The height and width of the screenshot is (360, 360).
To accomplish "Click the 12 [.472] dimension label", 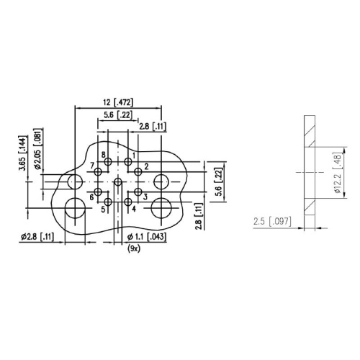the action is (118, 102).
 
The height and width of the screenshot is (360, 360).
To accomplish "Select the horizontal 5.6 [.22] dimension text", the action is (118, 115).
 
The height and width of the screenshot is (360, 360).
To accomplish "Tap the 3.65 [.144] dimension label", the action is (23, 153).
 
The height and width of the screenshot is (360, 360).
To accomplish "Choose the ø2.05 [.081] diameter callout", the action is (39, 149).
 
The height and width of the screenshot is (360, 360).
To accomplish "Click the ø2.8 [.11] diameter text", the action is (37, 237).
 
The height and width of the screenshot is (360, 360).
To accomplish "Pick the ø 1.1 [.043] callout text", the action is (146, 237).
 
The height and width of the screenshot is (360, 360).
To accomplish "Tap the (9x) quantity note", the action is (134, 249).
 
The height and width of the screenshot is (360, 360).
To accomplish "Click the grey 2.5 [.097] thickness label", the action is (272, 221).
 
